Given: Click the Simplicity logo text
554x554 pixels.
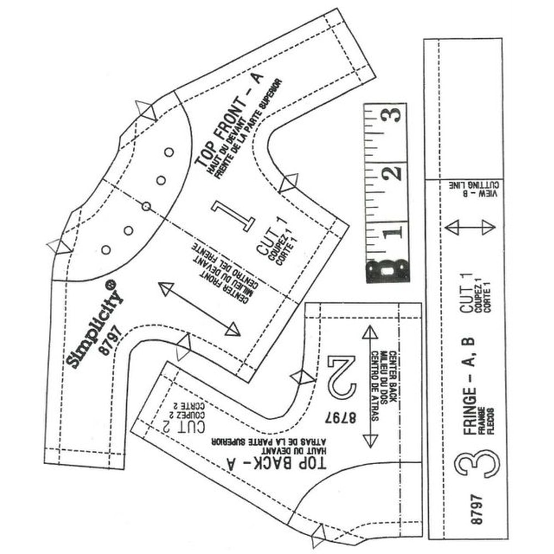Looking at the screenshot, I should click(94, 324).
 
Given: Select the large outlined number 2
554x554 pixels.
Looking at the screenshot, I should click(341, 377).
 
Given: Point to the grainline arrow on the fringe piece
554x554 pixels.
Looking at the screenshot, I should click(470, 227).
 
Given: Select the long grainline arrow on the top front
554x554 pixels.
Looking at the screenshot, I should click(199, 309).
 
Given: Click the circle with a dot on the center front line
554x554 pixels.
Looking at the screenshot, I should click(146, 206).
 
